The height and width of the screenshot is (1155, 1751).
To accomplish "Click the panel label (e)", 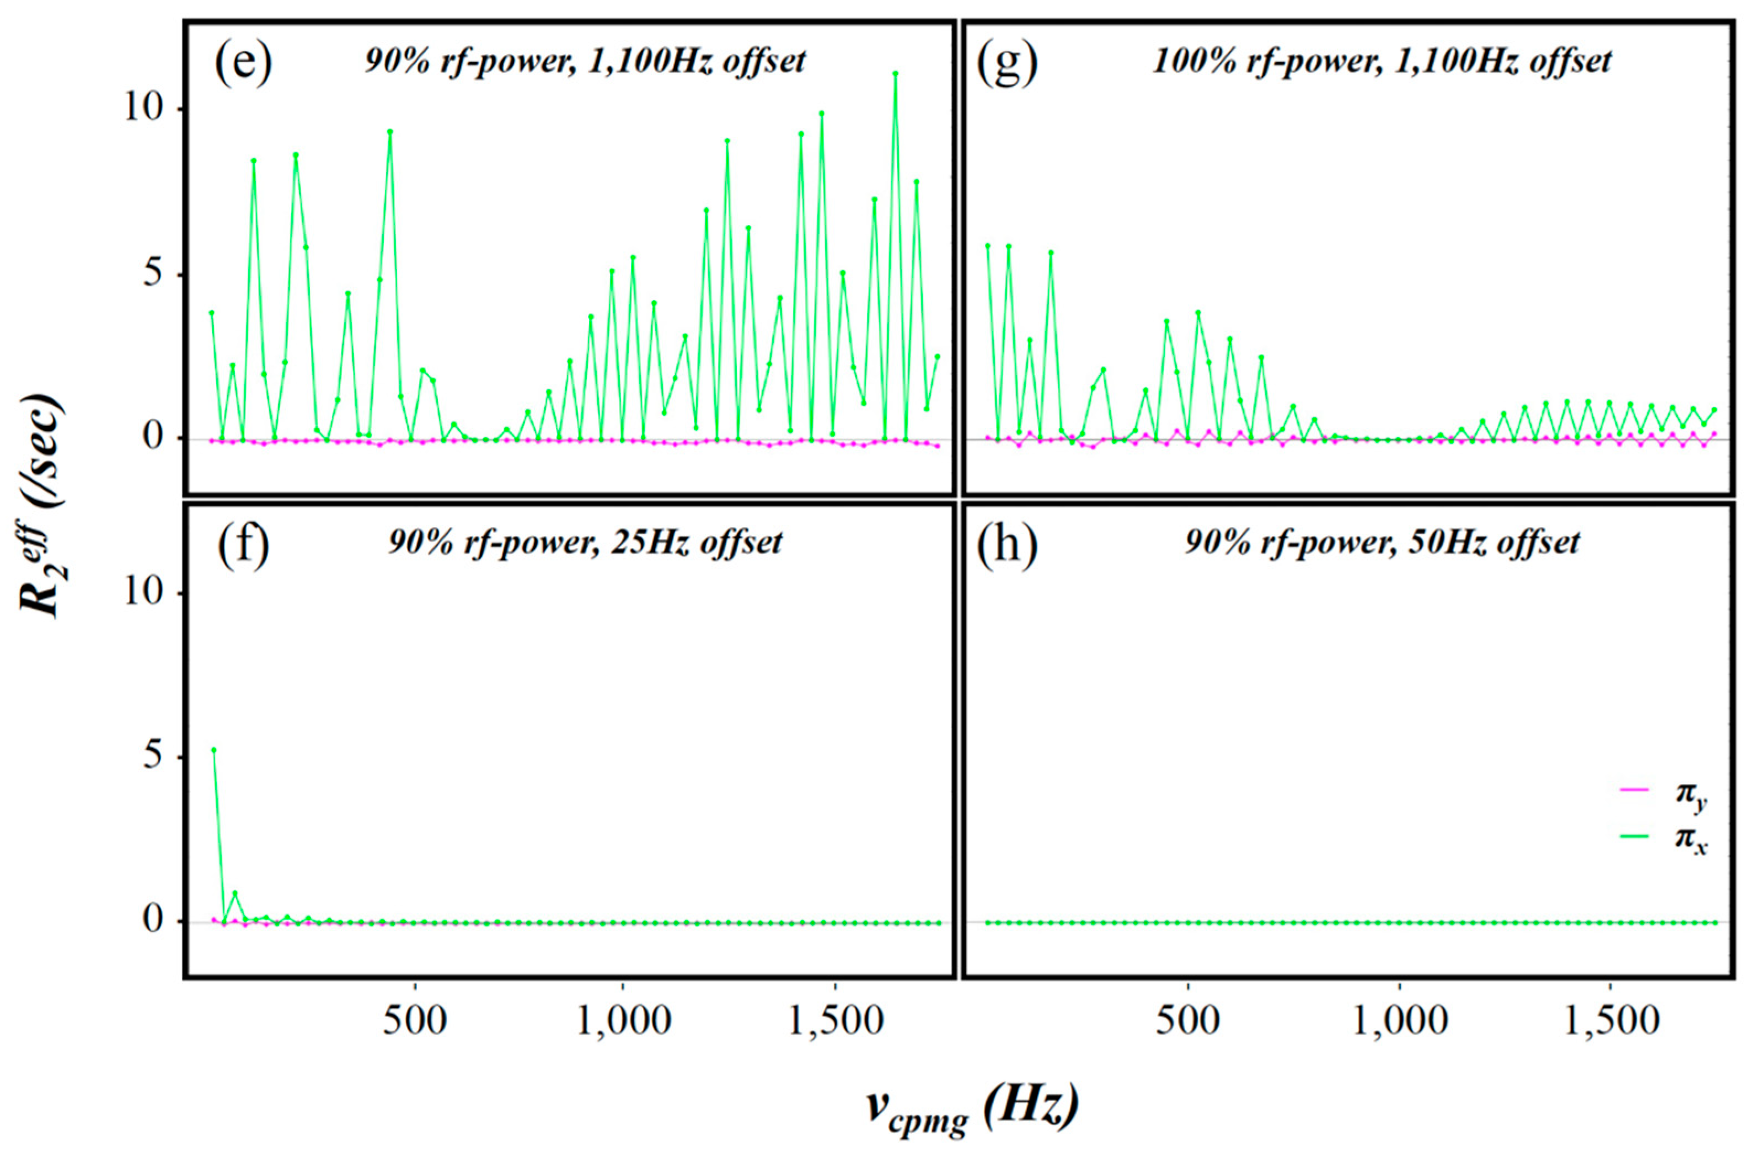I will point(243,63).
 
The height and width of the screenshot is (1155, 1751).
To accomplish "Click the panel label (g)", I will point(1007,63).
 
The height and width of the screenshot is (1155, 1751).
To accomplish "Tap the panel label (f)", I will point(243,546).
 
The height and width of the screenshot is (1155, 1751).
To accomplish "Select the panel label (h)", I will point(1007,546).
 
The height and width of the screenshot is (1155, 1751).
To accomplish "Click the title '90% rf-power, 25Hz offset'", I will point(585,543).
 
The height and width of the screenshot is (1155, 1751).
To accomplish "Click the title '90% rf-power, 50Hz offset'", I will point(1382,543).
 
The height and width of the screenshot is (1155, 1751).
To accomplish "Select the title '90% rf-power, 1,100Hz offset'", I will point(585,61).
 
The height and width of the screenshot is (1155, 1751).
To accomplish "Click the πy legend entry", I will point(1669,797).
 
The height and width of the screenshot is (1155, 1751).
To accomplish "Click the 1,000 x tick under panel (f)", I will point(623,1021).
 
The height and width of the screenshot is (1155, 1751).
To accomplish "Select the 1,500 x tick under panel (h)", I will point(1610,1021).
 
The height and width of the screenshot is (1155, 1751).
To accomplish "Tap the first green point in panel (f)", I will point(213,750).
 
